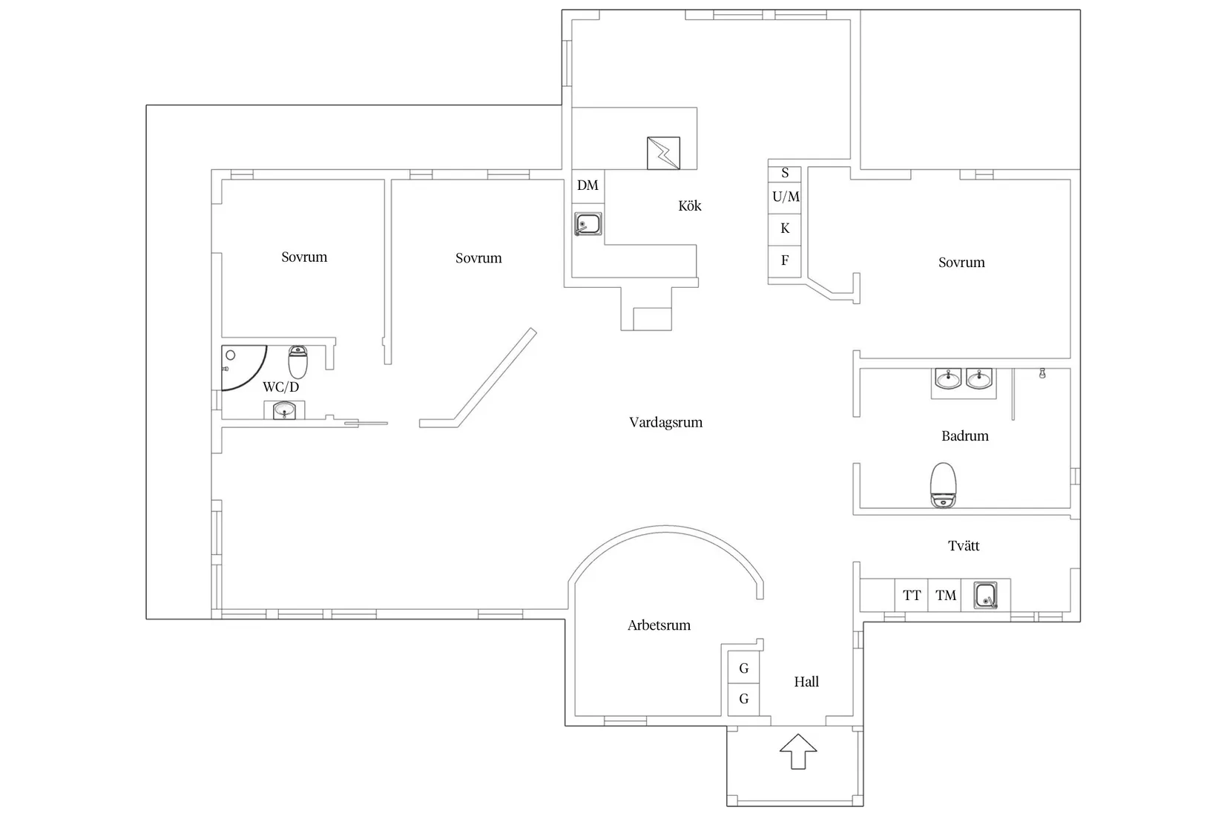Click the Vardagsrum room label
(x=665, y=423)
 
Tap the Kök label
(x=690, y=206)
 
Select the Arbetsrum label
(x=659, y=625)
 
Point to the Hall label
(x=806, y=682)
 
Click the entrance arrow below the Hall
(x=798, y=751)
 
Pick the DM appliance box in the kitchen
(x=588, y=186)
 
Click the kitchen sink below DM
(x=588, y=224)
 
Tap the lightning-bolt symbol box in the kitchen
(x=663, y=153)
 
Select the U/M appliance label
(x=786, y=197)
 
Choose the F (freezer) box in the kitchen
(x=785, y=261)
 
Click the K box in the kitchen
(x=785, y=229)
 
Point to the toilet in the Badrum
(x=943, y=485)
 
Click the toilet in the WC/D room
(x=297, y=361)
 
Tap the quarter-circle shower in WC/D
(x=244, y=368)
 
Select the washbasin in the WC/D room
(x=284, y=410)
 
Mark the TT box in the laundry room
(x=912, y=595)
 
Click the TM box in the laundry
(x=945, y=595)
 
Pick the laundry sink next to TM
(x=986, y=595)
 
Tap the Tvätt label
(x=964, y=546)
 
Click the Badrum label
(x=965, y=436)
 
